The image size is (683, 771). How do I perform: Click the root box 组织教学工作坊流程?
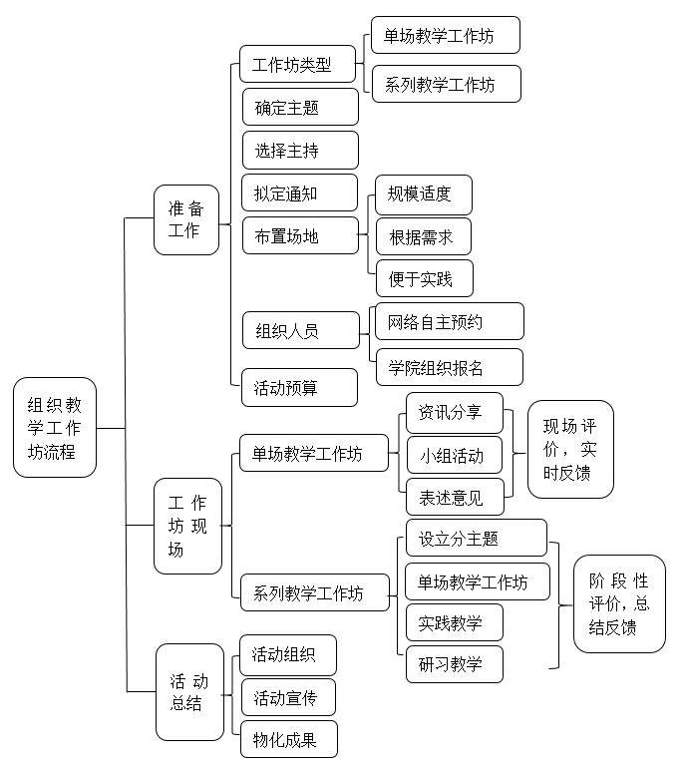tap(55, 427)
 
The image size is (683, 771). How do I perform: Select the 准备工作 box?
tap(186, 219)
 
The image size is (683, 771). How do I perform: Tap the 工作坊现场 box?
tap(187, 526)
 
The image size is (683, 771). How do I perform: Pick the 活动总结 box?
tap(189, 692)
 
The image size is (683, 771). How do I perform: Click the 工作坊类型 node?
tap(297, 64)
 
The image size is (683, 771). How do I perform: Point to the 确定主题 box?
tap(300, 107)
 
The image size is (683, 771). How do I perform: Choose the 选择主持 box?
tap(300, 150)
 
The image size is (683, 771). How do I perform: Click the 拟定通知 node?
tap(299, 193)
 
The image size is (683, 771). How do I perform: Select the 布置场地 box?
tap(300, 235)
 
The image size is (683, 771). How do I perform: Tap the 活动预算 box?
tap(299, 387)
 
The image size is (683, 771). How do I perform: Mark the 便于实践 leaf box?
tap(425, 278)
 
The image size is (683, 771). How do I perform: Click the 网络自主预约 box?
tap(450, 321)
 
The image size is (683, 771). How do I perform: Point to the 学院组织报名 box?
tap(450, 367)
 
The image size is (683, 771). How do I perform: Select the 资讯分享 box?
tap(455, 413)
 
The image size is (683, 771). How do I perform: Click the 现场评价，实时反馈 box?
tap(570, 450)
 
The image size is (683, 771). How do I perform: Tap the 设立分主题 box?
tap(477, 538)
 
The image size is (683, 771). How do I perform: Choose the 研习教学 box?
tap(455, 664)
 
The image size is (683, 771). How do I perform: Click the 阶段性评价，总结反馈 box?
tap(619, 603)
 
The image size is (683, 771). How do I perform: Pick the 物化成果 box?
tap(289, 739)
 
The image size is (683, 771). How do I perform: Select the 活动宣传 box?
tap(288, 697)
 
